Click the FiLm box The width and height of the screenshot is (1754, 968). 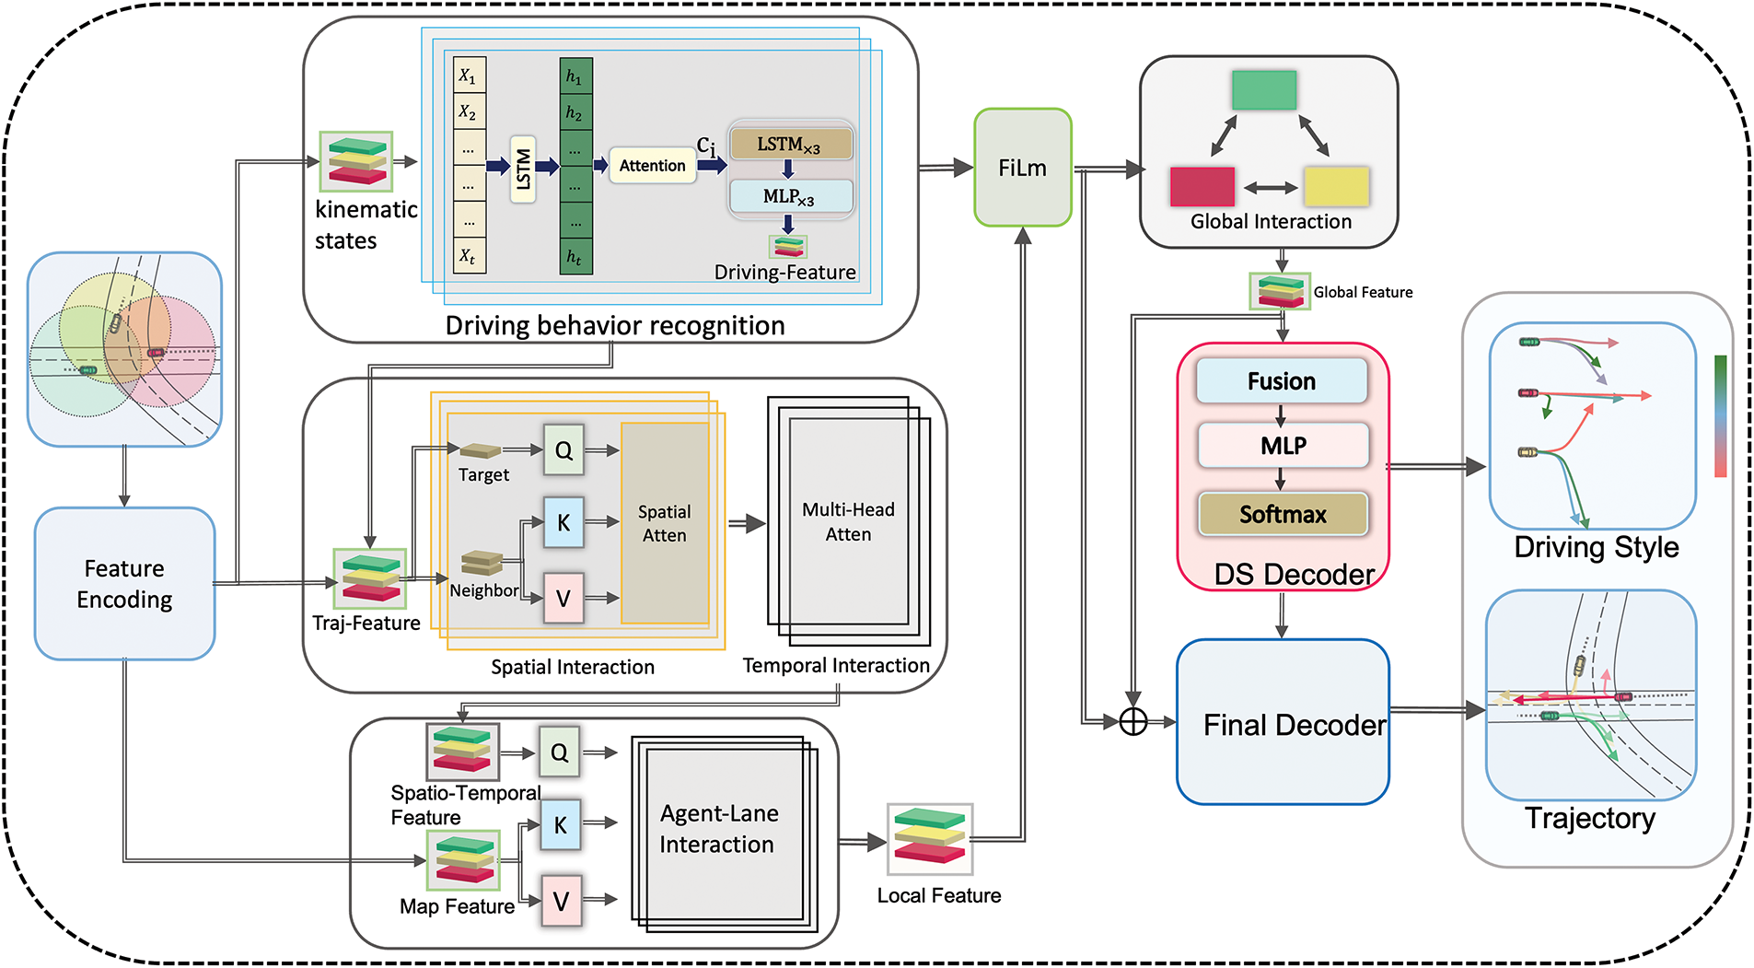pyautogui.click(x=1022, y=168)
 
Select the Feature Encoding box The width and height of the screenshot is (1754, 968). pyautogui.click(x=124, y=583)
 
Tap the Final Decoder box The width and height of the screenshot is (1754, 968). pyautogui.click(x=1283, y=722)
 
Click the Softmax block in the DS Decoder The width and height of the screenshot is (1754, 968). pyautogui.click(x=1283, y=514)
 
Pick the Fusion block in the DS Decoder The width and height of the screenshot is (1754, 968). pyautogui.click(x=1282, y=381)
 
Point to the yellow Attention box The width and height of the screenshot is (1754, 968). pyautogui.click(x=652, y=166)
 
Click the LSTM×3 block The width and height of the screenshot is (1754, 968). pyautogui.click(x=790, y=144)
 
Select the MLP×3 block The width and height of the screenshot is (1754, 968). pyautogui.click(x=790, y=196)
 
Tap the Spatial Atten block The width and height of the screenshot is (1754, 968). pyautogui.click(x=665, y=523)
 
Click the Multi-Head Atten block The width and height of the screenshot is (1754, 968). pyautogui.click(x=847, y=522)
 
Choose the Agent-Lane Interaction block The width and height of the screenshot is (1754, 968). pyautogui.click(x=718, y=829)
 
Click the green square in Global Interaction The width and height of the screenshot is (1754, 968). pyautogui.click(x=1264, y=90)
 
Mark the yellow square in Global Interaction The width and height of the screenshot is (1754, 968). pyautogui.click(x=1336, y=186)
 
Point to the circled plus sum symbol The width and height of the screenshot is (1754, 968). pyautogui.click(x=1133, y=722)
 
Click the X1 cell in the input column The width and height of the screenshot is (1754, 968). pyautogui.click(x=470, y=76)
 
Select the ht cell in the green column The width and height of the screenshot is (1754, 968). pyautogui.click(x=575, y=257)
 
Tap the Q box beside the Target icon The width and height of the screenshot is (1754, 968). pyautogui.click(x=563, y=449)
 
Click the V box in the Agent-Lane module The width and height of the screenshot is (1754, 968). pyautogui.click(x=561, y=900)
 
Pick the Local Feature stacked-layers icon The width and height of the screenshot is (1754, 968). pyautogui.click(x=930, y=839)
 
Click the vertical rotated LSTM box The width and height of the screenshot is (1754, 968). pyautogui.click(x=523, y=169)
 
